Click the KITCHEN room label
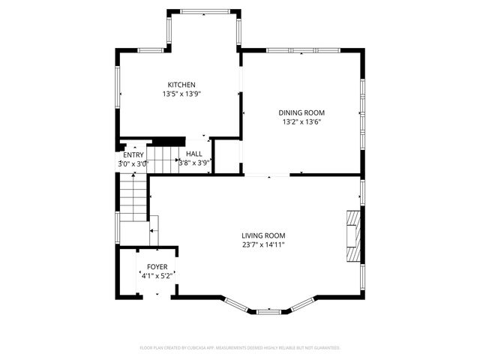tap(181, 85)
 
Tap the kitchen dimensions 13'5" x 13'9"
tap(181, 94)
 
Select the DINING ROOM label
tap(303, 112)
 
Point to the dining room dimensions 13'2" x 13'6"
tap(303, 122)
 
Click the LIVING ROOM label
tap(263, 235)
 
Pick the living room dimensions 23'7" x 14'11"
tap(263, 245)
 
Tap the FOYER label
tap(157, 267)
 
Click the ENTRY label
tap(133, 155)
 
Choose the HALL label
tap(194, 153)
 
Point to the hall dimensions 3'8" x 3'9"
tap(194, 162)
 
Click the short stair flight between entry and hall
tap(160, 157)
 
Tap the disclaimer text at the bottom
tap(240, 348)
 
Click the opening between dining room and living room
tap(267, 175)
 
